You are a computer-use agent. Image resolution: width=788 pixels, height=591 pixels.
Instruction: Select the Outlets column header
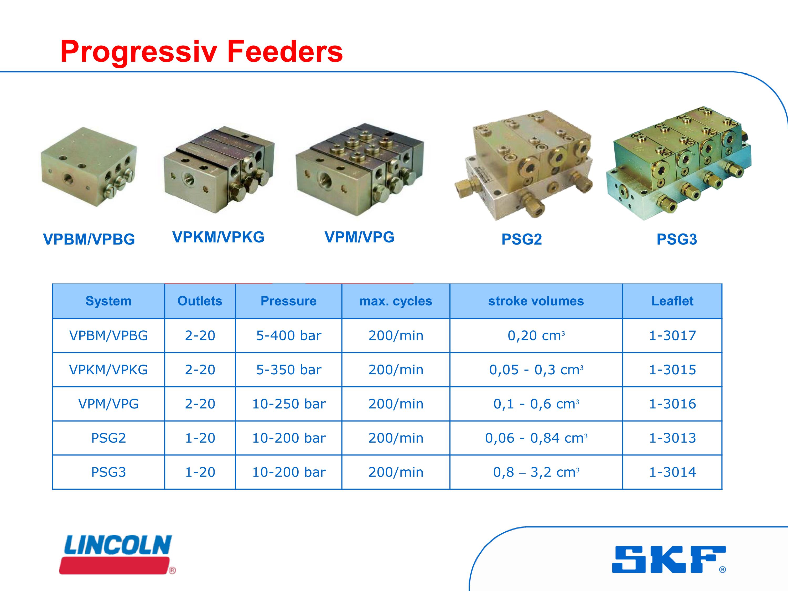pos(200,301)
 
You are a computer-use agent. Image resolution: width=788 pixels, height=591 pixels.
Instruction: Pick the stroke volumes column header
pos(536,301)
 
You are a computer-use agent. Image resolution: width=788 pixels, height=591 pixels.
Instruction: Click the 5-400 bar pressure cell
pos(289,336)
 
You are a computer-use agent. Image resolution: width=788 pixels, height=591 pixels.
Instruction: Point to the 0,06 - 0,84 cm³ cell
pos(536,438)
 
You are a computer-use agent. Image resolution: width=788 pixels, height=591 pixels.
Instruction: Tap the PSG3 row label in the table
pos(109,472)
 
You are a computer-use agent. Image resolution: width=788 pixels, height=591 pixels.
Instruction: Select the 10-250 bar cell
pos(289,404)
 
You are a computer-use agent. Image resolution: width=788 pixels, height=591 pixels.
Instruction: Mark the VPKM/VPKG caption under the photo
pos(218,237)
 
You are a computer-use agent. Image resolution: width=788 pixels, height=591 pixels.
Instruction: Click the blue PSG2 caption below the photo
pos(522,239)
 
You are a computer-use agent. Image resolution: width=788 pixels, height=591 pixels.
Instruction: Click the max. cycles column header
pos(396,301)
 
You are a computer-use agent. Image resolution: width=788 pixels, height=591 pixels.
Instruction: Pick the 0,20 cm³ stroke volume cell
pos(536,336)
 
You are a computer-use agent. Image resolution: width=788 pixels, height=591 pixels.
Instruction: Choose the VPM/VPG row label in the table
pos(109,404)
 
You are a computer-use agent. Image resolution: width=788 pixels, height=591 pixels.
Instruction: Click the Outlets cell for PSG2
pos(200,438)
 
